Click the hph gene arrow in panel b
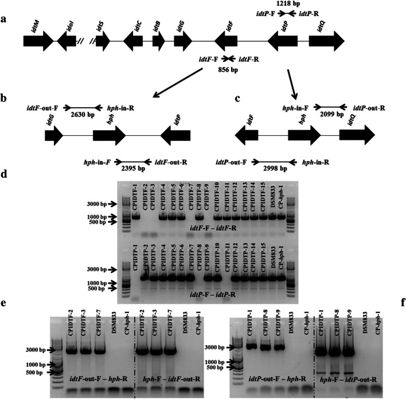click(109, 138)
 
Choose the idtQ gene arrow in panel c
click(356, 138)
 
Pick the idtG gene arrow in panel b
click(54, 138)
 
